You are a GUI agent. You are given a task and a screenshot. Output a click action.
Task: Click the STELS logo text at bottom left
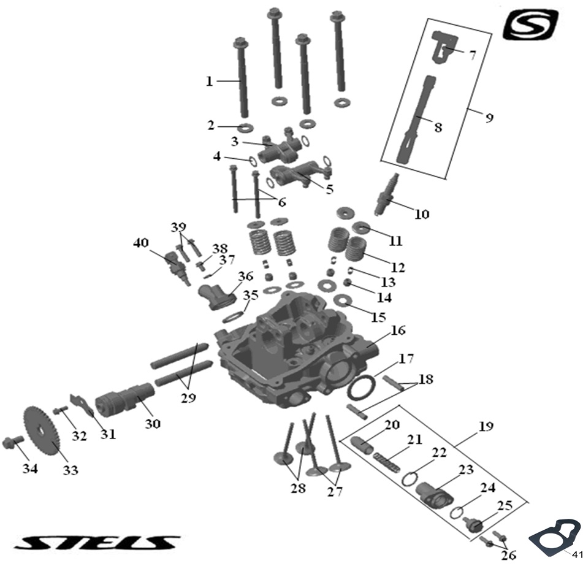(99, 543)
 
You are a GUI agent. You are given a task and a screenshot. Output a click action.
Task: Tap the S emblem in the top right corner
(531, 25)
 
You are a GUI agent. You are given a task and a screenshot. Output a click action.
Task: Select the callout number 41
(576, 554)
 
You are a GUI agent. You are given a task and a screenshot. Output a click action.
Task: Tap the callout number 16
(398, 331)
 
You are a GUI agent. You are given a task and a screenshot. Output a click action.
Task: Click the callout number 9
(489, 117)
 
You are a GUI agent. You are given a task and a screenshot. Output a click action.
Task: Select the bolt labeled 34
(13, 442)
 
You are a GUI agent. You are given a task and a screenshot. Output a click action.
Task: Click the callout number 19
(486, 426)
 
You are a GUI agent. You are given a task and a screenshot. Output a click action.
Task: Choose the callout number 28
(299, 489)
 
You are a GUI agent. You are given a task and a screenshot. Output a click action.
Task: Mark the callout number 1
(209, 81)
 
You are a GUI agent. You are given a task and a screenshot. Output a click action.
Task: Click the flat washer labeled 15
(341, 300)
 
